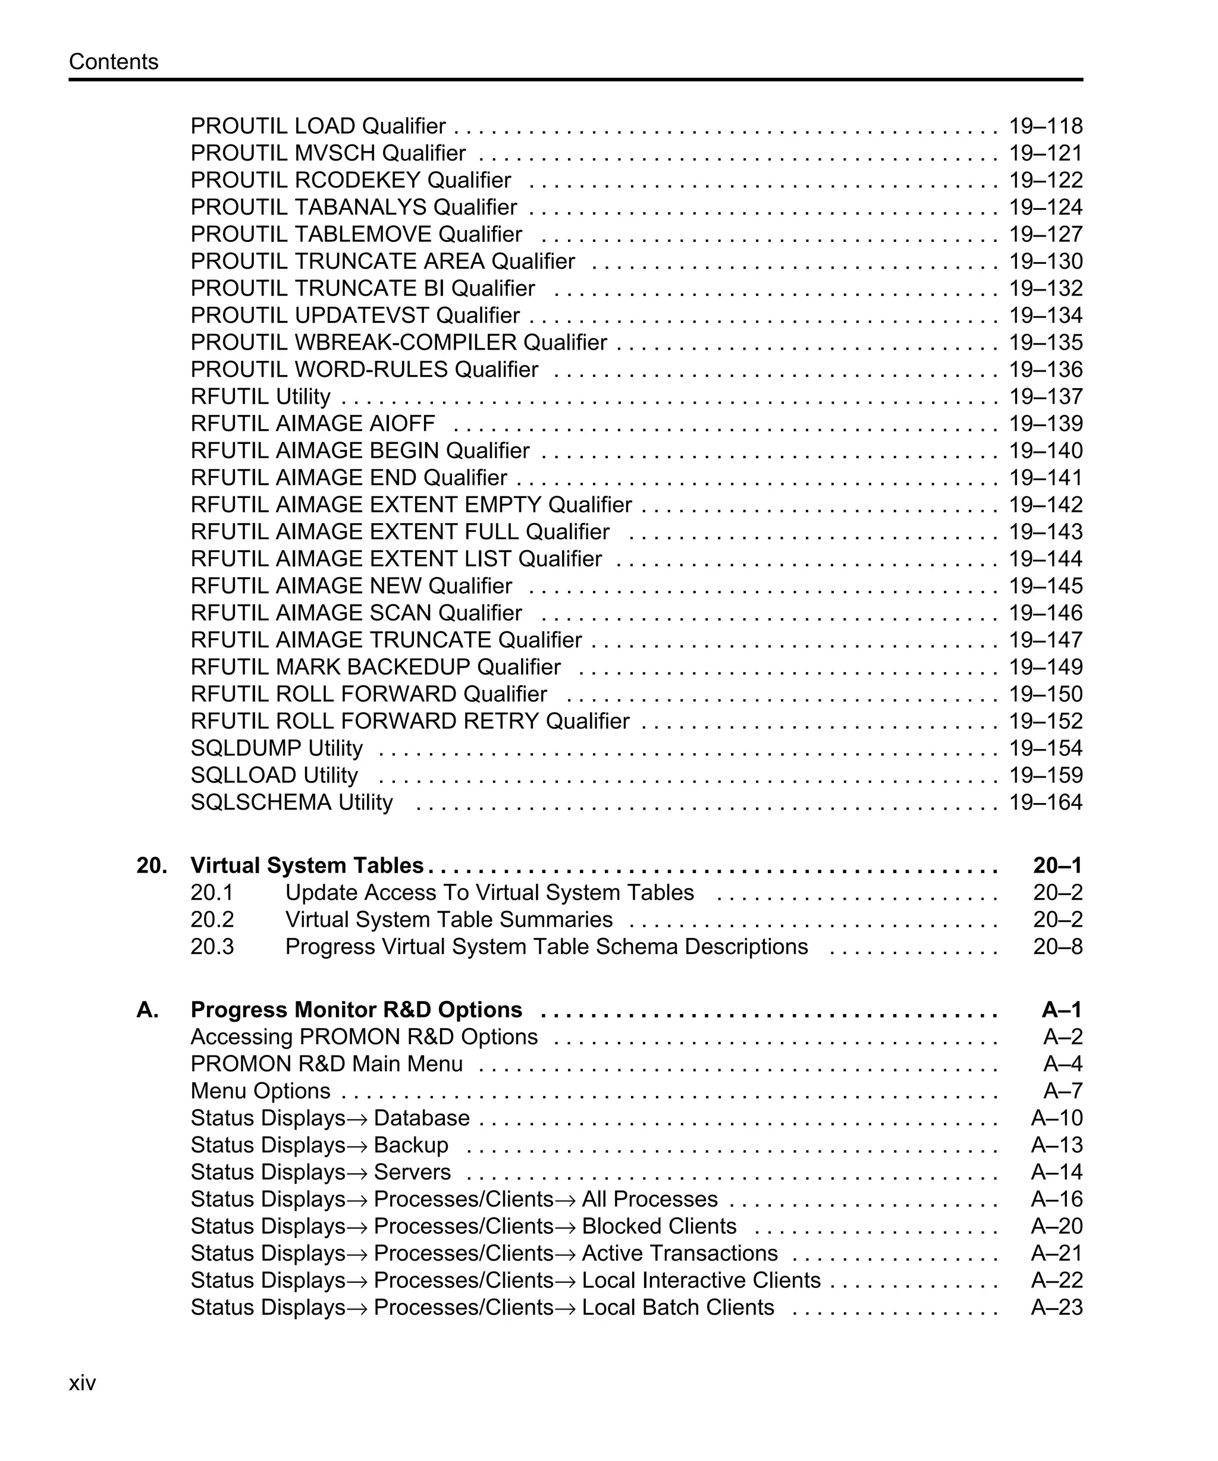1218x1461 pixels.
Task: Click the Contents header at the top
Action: pos(114,62)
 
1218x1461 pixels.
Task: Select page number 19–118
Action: pos(1046,126)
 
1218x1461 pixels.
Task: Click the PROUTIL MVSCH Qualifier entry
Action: pos(328,153)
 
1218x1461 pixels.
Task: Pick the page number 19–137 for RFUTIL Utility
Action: pos(1046,396)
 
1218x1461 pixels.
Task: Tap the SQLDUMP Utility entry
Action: pos(277,748)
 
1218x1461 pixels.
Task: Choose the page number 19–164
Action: pos(1046,802)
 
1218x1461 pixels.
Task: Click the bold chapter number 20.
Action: pos(151,865)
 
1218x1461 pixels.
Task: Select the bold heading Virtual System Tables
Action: pos(307,865)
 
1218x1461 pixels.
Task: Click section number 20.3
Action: pos(212,947)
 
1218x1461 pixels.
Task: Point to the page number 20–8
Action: pos(1057,947)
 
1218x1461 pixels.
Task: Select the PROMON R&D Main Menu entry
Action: pos(327,1064)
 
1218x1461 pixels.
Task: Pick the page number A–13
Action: pos(1056,1145)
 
